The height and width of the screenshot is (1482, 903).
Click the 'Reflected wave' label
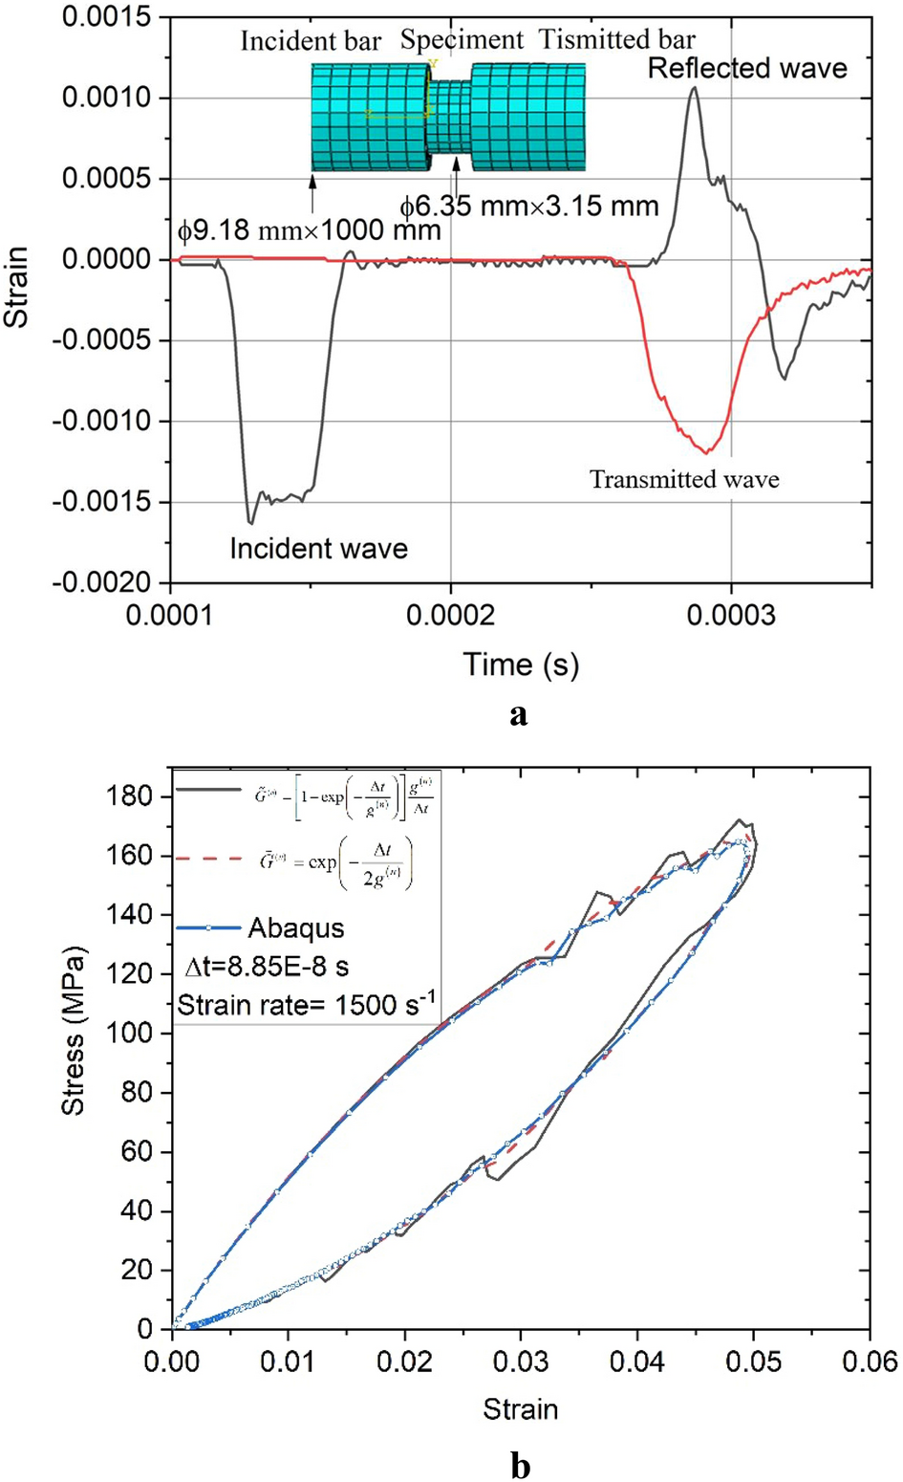click(x=747, y=68)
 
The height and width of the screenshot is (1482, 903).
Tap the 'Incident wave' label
click(x=318, y=549)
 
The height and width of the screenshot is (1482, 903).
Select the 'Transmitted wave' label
click(x=684, y=479)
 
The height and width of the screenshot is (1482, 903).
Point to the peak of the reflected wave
click(x=694, y=88)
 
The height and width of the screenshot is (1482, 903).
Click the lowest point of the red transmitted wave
click(x=706, y=451)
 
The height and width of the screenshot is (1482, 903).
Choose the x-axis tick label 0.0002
click(x=450, y=614)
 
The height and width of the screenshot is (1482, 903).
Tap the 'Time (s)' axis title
click(x=521, y=664)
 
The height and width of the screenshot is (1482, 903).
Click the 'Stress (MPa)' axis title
click(x=73, y=1030)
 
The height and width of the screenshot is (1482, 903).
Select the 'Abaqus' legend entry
click(x=296, y=927)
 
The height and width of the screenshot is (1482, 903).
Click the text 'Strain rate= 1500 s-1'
click(x=307, y=1004)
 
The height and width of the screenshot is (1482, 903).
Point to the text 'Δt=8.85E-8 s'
click(x=267, y=967)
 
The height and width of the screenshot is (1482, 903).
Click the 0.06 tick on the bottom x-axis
click(x=869, y=1360)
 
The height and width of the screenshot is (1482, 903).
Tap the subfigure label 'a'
click(x=519, y=713)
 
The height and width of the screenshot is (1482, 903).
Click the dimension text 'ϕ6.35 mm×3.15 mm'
click(x=528, y=206)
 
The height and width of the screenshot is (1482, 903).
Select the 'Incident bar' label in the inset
click(x=311, y=41)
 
